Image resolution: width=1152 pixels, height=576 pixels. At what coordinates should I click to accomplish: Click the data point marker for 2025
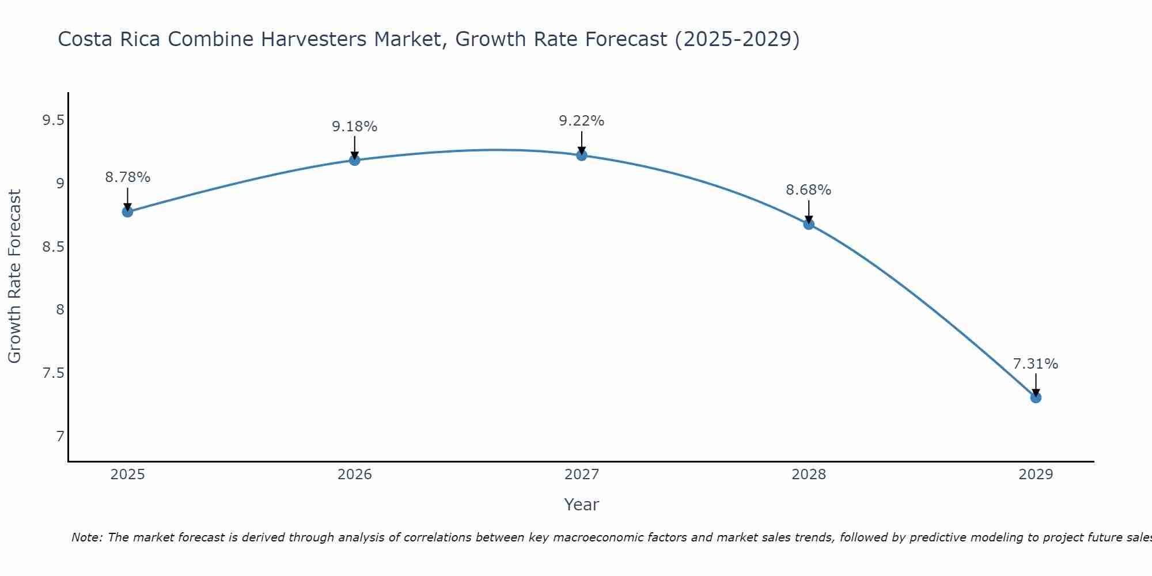point(127,211)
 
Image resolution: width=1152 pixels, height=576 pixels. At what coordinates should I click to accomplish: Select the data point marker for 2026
point(354,160)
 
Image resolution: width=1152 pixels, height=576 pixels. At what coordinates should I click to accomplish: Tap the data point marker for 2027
point(581,155)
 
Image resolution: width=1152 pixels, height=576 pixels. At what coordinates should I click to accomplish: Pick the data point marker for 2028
point(809,224)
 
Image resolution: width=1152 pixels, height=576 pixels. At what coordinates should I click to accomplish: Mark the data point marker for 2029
point(1036,397)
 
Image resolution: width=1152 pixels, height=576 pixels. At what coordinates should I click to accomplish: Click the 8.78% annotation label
point(127,177)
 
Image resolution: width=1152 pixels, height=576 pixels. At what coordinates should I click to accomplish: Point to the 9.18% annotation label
point(354,127)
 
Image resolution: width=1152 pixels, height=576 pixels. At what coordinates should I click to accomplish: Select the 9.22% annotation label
point(581,121)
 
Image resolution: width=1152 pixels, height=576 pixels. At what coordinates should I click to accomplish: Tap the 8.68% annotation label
point(809,190)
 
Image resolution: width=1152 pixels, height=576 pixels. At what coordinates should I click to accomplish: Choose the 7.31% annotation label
point(1036,364)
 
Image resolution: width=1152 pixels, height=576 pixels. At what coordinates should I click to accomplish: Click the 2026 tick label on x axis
point(354,475)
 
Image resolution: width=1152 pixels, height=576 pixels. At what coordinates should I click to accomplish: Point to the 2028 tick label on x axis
point(809,475)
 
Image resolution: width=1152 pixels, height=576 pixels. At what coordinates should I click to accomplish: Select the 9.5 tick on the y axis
point(53,120)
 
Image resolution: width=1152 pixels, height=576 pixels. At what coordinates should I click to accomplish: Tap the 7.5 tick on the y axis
point(53,373)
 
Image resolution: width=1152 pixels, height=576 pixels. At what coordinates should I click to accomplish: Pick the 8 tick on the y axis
point(60,310)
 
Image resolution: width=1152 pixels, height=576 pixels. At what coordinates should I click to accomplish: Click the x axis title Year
point(581,505)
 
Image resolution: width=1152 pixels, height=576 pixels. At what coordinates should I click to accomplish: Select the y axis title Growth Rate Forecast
point(15,276)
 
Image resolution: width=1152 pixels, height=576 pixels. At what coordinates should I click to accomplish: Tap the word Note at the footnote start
point(86,537)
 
